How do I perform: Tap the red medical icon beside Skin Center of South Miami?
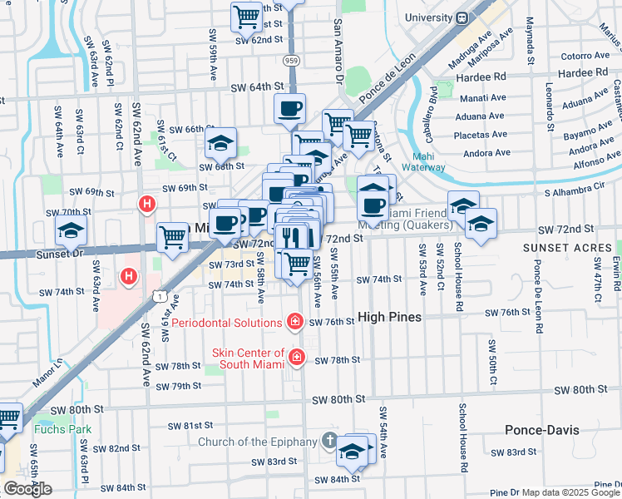[x=296, y=358]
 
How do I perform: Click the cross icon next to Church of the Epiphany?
[x=330, y=442]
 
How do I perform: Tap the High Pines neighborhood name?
[x=390, y=318]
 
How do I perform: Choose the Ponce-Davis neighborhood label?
[x=541, y=430]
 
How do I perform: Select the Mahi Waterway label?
[x=429, y=161]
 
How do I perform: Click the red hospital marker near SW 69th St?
[x=147, y=203]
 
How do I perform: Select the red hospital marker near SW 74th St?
[x=129, y=275]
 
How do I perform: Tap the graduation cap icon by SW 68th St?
[x=220, y=143]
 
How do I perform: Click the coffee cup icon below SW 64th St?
[x=289, y=108]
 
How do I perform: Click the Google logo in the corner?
[x=27, y=489]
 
